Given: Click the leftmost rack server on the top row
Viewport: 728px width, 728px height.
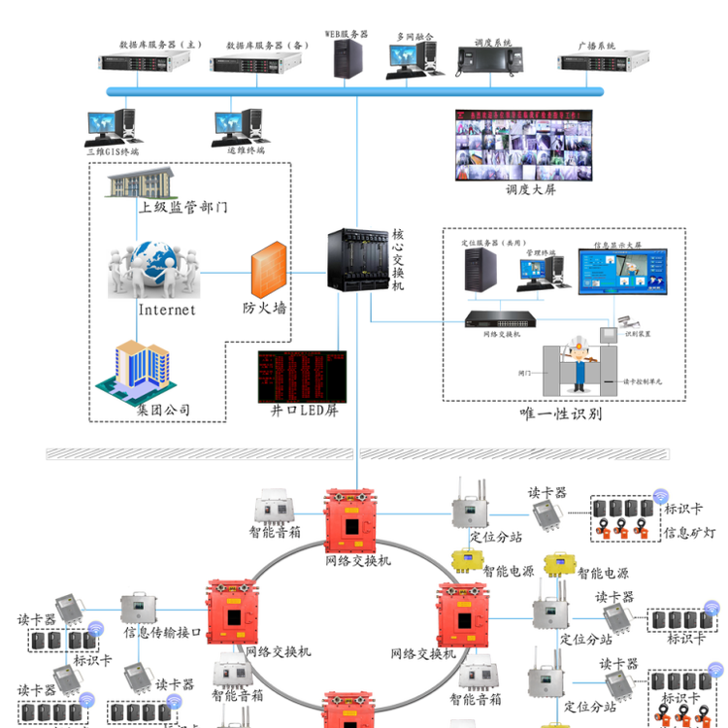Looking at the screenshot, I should pos(144,62).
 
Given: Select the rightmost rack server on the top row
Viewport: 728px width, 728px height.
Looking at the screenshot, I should pos(603,62).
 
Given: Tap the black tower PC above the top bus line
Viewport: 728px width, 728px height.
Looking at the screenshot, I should pos(347,58).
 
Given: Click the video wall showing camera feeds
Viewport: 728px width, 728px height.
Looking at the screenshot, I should pos(524,144).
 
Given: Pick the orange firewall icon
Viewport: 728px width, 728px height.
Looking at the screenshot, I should pos(269,270).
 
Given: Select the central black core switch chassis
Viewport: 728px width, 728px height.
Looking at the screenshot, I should pos(357,260).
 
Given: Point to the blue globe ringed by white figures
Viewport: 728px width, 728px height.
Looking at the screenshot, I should pos(155,269).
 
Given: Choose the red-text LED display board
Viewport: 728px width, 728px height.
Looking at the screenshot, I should pos(301,377).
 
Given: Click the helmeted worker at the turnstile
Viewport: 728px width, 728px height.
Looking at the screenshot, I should pos(580,362).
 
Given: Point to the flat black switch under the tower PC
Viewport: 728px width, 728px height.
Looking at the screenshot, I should pos(501,317).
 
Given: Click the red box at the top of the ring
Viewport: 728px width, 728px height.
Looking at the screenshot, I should pos(349,520).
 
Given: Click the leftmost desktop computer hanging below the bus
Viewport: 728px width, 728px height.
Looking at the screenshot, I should pos(111,126).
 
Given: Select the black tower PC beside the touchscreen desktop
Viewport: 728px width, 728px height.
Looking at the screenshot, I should pos(480,270).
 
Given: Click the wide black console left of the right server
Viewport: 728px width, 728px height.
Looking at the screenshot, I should pos(490,60).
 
